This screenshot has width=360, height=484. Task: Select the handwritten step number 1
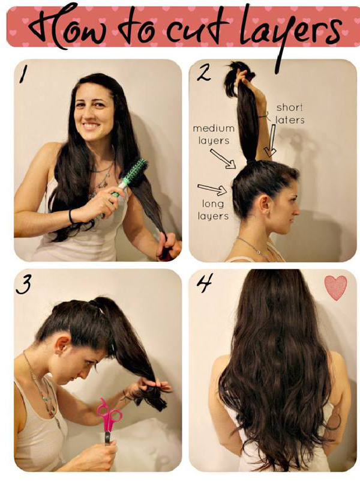[x=23, y=74]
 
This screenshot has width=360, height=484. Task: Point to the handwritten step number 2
[x=203, y=74]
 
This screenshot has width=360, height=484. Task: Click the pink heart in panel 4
[x=335, y=287]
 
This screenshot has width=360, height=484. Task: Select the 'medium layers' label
[x=211, y=135]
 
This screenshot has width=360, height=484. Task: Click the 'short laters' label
[x=290, y=113]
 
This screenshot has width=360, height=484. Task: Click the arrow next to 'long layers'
[x=212, y=190]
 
